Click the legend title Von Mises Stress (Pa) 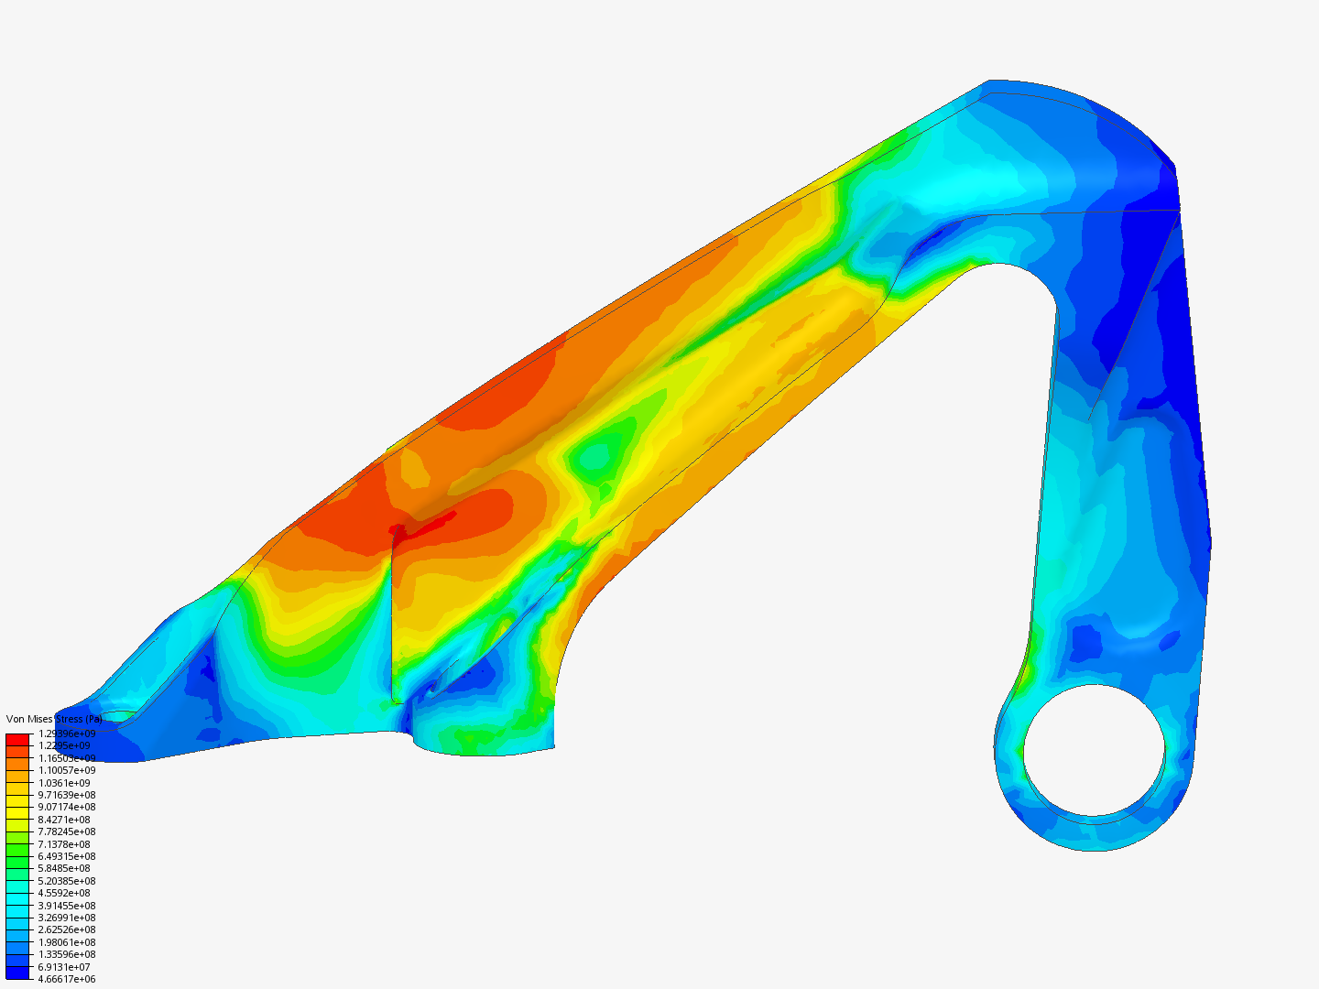(x=54, y=719)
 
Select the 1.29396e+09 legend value (x=66, y=734)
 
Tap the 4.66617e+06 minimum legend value (x=66, y=979)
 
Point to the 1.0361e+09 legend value (x=64, y=783)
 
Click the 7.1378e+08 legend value (x=64, y=844)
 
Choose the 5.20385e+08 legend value (x=66, y=881)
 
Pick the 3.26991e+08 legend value (x=66, y=918)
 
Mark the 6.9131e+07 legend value (x=64, y=967)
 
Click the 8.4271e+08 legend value (x=64, y=820)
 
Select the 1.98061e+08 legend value (x=66, y=942)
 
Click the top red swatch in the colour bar (x=17, y=739)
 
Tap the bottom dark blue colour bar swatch (x=17, y=973)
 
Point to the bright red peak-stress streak (x=426, y=525)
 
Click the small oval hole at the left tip (x=118, y=716)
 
